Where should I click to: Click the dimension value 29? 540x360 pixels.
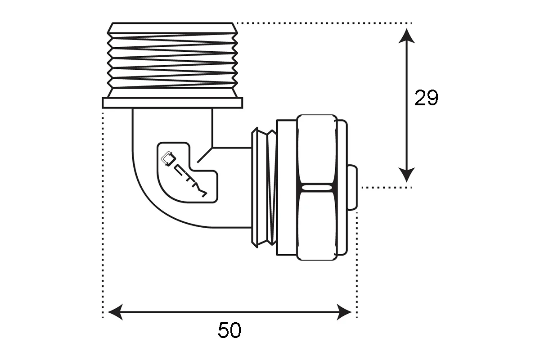point(426,98)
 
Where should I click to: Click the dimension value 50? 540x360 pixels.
point(229,330)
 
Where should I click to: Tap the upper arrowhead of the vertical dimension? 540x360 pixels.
point(406,36)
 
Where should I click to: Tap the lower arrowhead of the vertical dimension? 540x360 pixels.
point(406,175)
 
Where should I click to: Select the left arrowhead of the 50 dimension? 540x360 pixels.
point(115,312)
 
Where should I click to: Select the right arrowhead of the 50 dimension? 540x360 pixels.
point(344,312)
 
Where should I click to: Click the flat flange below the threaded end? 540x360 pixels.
point(172,103)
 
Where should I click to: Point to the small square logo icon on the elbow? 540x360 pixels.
point(168,158)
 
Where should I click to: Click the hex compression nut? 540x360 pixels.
point(317,188)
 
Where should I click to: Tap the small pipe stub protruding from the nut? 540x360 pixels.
point(352,188)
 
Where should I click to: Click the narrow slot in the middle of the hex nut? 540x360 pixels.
point(317,188)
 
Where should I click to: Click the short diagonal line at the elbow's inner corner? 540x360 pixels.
point(205,155)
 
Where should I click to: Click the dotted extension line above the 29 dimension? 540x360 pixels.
point(324,23)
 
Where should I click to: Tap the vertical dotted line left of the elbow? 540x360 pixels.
point(103,215)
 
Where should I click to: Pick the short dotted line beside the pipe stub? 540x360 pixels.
point(387,187)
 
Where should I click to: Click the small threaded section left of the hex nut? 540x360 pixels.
point(264,188)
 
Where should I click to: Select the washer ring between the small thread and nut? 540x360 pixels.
point(287,188)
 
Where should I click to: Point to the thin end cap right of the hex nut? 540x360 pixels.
point(342,188)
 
